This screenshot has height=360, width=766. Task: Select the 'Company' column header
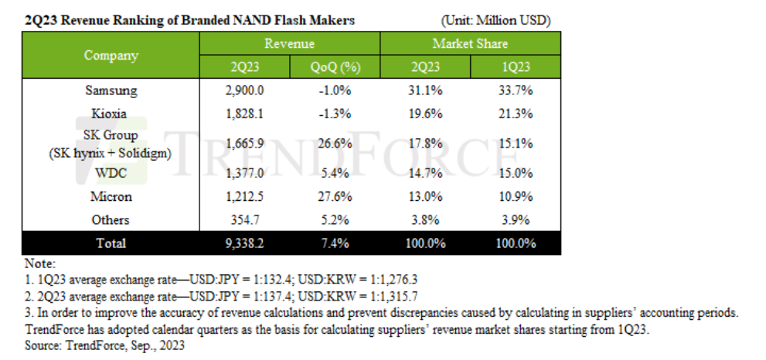point(111,56)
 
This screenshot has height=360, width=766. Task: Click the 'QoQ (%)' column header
point(335,67)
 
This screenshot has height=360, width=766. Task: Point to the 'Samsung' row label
point(111,91)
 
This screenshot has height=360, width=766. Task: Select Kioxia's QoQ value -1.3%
point(335,114)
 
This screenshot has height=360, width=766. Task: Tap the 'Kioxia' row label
point(111,114)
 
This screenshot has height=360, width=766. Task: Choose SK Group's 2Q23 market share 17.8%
point(425,143)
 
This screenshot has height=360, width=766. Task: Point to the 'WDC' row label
point(111,173)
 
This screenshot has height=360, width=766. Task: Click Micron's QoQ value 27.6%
point(335,196)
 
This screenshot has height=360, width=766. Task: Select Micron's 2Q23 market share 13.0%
point(425,196)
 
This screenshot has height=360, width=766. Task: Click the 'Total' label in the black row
point(111,243)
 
